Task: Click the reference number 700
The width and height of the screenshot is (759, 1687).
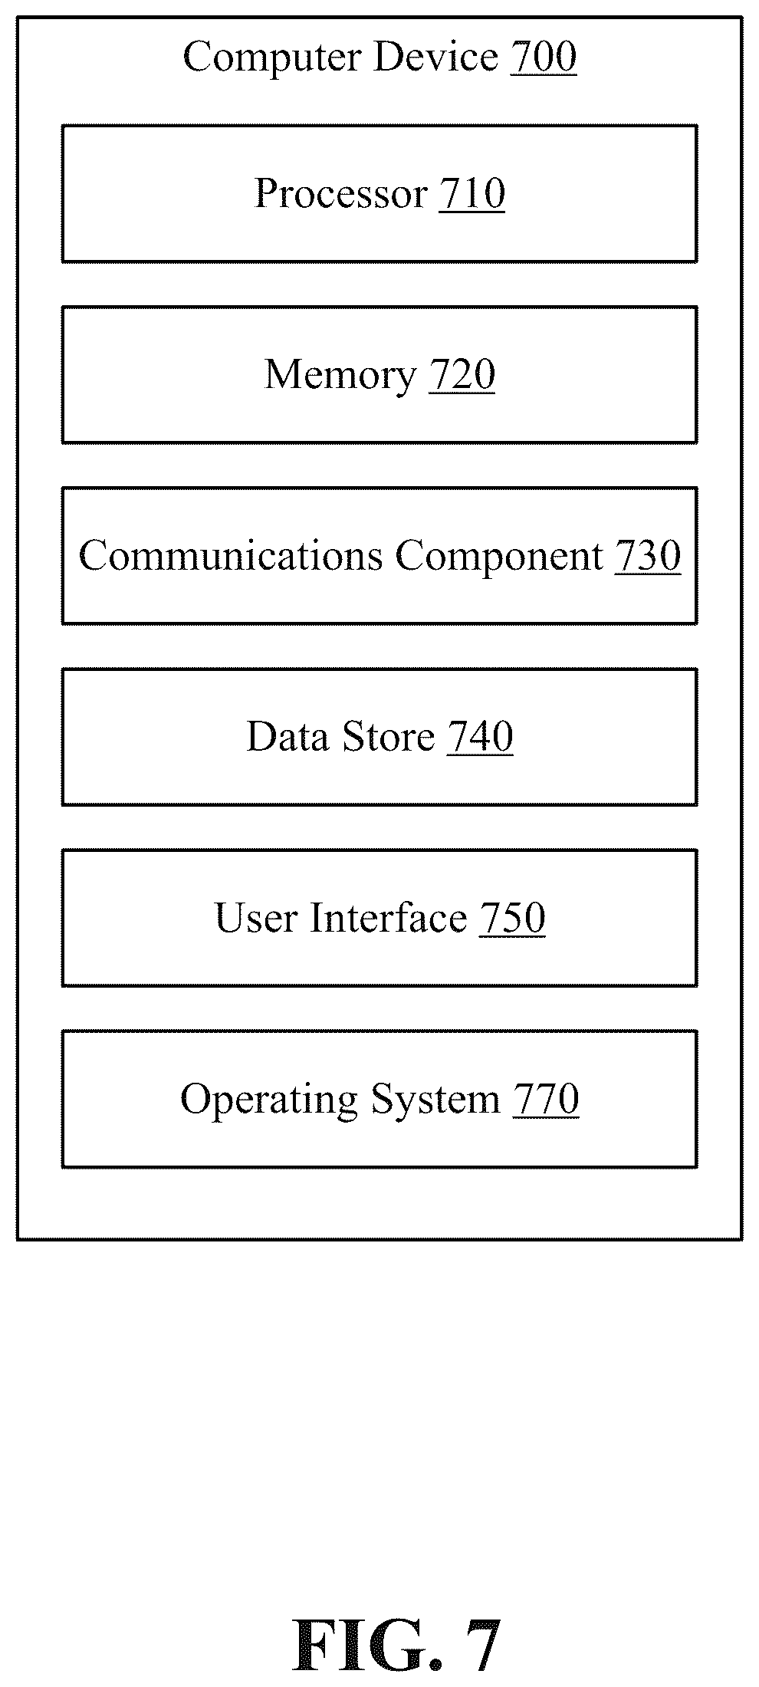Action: pos(544,58)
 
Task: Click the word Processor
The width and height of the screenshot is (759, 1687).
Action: pos(341,193)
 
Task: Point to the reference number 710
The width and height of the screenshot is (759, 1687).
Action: pos(472,193)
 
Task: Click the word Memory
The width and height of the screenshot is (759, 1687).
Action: pos(340,376)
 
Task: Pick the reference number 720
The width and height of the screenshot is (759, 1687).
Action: pos(462,375)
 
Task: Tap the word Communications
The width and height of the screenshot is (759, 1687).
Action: pos(230,556)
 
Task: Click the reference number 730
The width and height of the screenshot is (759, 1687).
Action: pos(648,556)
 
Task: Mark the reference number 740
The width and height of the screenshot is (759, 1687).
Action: pos(480,737)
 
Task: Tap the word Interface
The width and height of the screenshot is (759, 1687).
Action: pos(388,918)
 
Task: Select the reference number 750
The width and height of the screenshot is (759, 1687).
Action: pos(512,918)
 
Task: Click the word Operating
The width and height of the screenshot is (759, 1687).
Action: pos(269,1100)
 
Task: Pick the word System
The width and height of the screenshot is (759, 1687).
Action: pos(435,1100)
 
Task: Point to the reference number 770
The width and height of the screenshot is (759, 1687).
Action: pos(545,1099)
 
